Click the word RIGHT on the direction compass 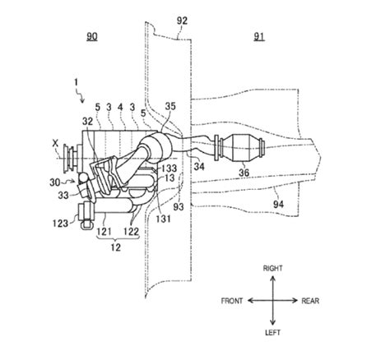click(x=272, y=268)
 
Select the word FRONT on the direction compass click(x=233, y=301)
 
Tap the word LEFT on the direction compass click(x=272, y=335)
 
